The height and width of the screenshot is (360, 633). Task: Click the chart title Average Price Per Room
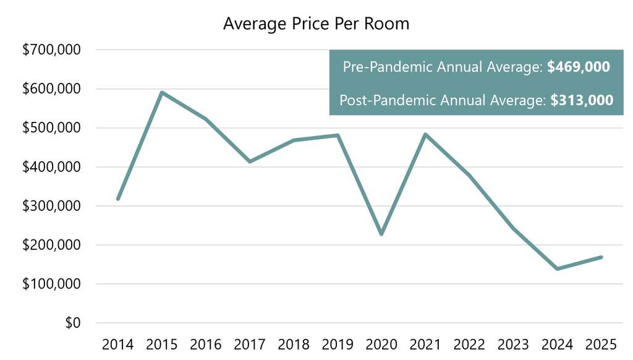tap(316, 24)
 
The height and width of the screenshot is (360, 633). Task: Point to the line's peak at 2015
tap(162, 93)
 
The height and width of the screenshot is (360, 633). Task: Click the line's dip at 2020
tap(381, 234)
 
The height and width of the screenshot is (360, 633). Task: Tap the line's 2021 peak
tap(425, 134)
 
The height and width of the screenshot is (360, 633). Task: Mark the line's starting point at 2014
tap(118, 199)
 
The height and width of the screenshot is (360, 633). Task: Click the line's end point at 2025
tap(601, 257)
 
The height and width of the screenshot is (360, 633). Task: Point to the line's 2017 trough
tap(250, 161)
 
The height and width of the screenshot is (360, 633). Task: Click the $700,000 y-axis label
tap(51, 50)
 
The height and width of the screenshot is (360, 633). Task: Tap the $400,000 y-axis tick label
tap(51, 167)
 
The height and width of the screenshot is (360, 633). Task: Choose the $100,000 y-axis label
tap(51, 285)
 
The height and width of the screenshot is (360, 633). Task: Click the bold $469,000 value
tap(579, 67)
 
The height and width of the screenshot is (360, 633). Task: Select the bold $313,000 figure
tap(582, 100)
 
